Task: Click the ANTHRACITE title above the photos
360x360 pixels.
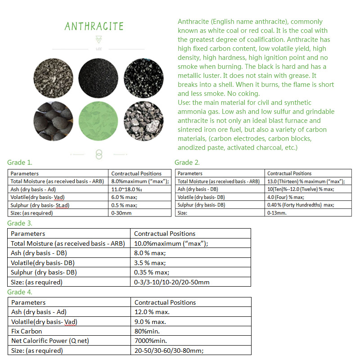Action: click(x=94, y=26)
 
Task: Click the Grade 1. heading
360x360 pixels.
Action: click(x=20, y=162)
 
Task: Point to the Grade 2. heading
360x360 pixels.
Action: click(x=187, y=162)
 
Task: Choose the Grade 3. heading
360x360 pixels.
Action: click(x=20, y=223)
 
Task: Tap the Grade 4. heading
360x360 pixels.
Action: click(x=20, y=292)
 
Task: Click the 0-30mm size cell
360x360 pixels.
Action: click(x=121, y=213)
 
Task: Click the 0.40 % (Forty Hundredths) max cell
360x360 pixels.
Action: click(x=300, y=205)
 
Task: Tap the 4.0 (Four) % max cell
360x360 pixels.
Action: click(x=285, y=197)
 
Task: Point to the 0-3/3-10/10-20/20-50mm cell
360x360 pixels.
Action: click(x=172, y=283)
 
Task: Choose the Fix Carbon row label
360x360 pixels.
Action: click(x=27, y=331)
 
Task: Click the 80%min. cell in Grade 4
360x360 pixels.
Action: click(x=146, y=331)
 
